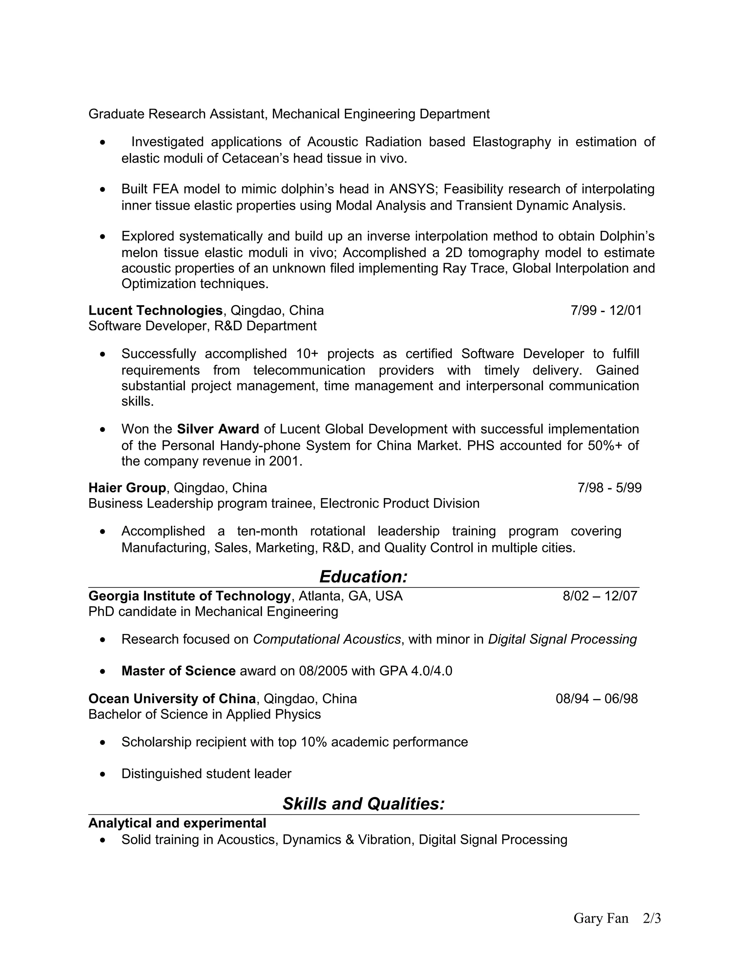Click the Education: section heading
(363, 577)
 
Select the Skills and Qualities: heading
(363, 803)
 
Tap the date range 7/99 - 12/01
(606, 310)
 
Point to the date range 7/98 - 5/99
(609, 488)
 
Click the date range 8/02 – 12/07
(600, 596)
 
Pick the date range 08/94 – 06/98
(596, 699)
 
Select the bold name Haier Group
(127, 488)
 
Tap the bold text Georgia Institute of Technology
(189, 596)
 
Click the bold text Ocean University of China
(172, 699)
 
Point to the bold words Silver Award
(218, 429)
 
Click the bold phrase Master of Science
(178, 671)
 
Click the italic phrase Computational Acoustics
(327, 639)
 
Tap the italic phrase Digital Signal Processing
(562, 639)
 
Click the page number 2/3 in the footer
(652, 918)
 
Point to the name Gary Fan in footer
(601, 918)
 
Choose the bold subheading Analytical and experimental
(177, 823)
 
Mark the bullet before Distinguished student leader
(103, 775)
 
